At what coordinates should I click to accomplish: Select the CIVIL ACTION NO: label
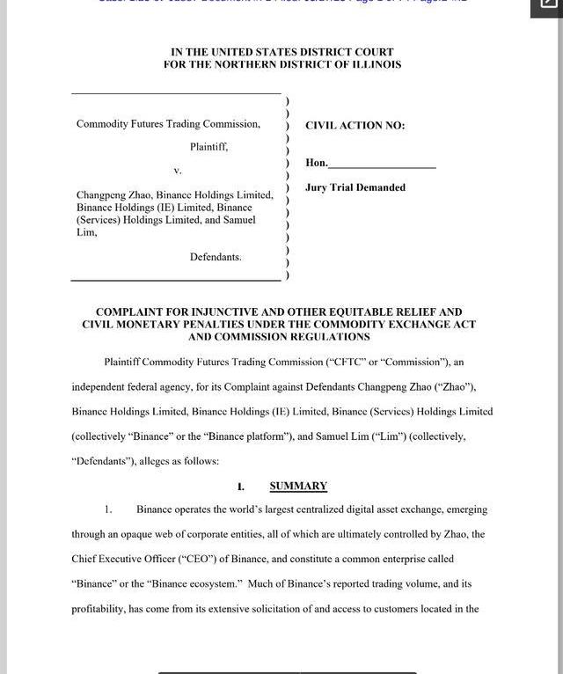point(355,126)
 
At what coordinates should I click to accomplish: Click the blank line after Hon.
point(382,165)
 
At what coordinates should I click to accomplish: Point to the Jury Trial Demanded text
point(355,187)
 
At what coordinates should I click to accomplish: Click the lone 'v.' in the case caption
point(178,170)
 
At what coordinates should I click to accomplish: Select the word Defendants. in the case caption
point(216,257)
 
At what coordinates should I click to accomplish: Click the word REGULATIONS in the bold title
point(327,337)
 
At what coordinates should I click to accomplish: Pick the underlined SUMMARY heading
point(298,486)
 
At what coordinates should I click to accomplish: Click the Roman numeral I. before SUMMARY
point(240,487)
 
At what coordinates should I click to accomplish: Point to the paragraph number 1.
point(108,509)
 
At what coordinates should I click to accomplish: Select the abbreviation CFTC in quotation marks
point(340,362)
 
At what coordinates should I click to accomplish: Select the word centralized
point(324,509)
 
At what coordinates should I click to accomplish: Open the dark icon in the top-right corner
point(545,7)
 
